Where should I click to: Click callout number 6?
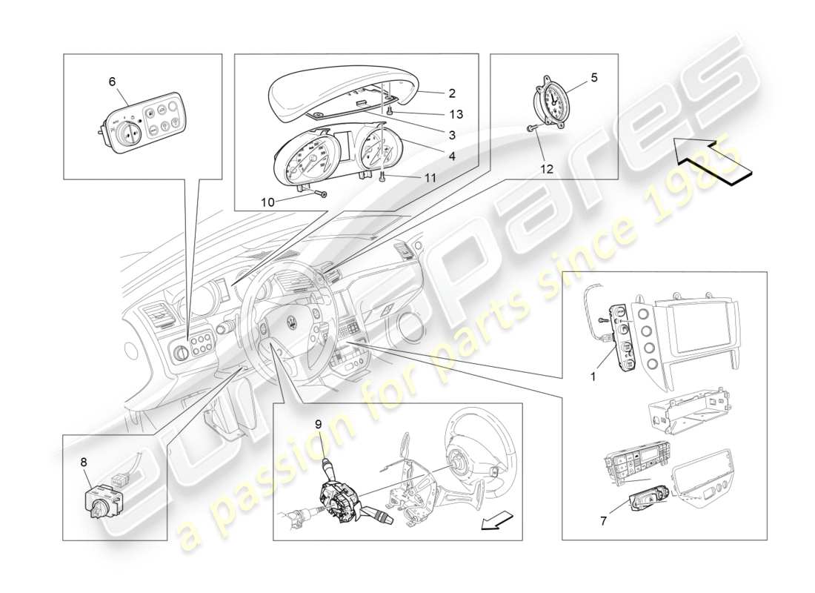[113, 82]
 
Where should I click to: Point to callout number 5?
[594, 76]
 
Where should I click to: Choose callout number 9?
[318, 425]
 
